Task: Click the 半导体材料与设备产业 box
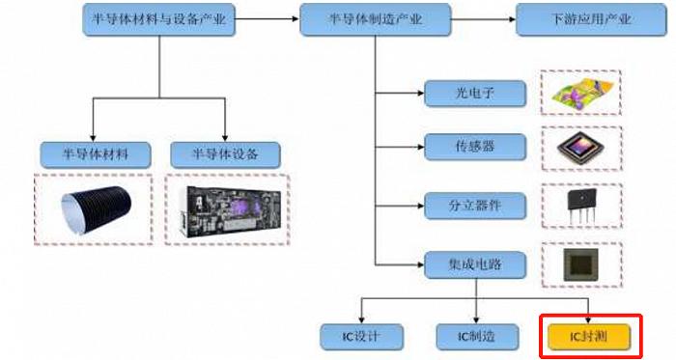pyautogui.click(x=157, y=19)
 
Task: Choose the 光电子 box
pyautogui.click(x=474, y=94)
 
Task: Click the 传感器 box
pyautogui.click(x=474, y=149)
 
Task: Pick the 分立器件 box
pyautogui.click(x=474, y=205)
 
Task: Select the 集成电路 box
pyautogui.click(x=474, y=262)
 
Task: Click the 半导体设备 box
pyautogui.click(x=225, y=153)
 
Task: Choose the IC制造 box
pyautogui.click(x=474, y=336)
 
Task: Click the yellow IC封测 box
pyautogui.click(x=589, y=336)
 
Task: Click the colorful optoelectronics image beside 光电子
pyautogui.click(x=580, y=93)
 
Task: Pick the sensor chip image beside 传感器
pyautogui.click(x=580, y=148)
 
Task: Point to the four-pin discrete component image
pyautogui.click(x=580, y=206)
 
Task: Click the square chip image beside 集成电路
pyautogui.click(x=580, y=263)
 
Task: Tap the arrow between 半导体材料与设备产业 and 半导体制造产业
pyautogui.click(x=266, y=19)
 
